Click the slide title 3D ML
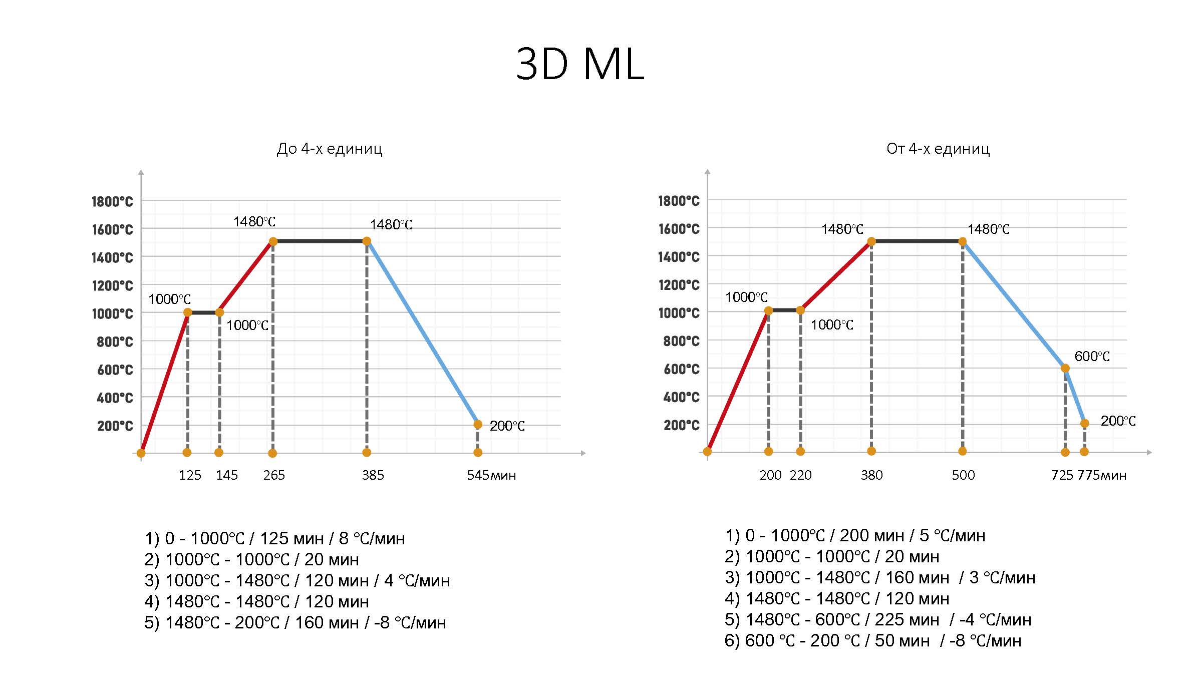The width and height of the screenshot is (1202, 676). [x=580, y=64]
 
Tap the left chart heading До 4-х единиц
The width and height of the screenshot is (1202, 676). [x=330, y=149]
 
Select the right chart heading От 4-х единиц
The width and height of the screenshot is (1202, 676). [x=938, y=149]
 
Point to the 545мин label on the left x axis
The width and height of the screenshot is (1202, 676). [x=491, y=475]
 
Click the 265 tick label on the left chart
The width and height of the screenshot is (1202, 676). [x=274, y=475]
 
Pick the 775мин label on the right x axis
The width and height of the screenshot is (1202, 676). [x=1102, y=475]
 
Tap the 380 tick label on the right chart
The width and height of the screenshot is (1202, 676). [x=871, y=475]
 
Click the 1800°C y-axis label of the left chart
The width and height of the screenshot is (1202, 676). [x=112, y=202]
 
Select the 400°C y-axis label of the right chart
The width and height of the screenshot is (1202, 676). [x=681, y=398]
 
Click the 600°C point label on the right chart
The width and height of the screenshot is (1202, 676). [x=1092, y=357]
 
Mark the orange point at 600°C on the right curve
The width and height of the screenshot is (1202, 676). [x=1065, y=369]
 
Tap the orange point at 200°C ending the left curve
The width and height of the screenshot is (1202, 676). [x=478, y=425]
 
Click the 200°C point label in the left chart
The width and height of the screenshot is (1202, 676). [x=507, y=426]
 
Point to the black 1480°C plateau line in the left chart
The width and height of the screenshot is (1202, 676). [x=320, y=241]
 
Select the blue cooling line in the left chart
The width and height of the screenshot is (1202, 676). [x=422, y=333]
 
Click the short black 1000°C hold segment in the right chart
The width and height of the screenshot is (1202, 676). [x=784, y=310]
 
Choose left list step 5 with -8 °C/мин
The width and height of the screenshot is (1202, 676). [x=295, y=622]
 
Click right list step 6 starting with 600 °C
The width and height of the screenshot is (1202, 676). [x=872, y=640]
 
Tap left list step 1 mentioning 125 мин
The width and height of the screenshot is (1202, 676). [x=274, y=538]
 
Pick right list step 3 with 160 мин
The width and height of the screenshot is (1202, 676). [x=879, y=577]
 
